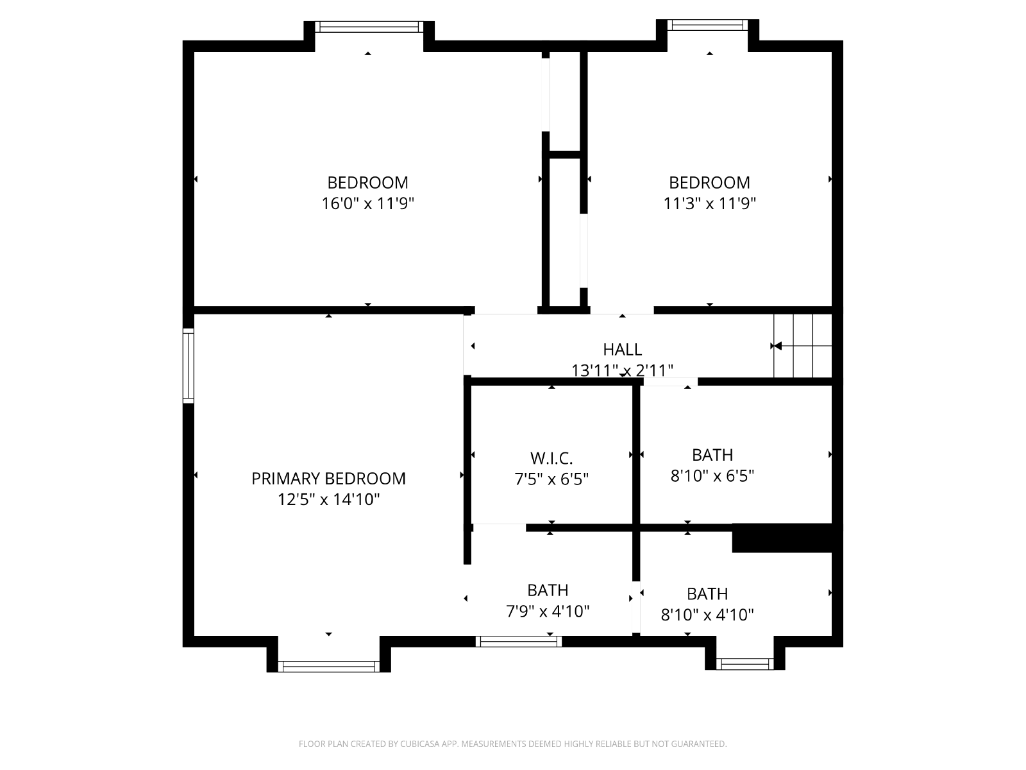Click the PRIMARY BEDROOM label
coord(328,478)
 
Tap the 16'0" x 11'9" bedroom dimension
coord(368,203)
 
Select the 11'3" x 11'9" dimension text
coord(710,203)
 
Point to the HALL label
coord(622,349)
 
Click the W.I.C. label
coord(551,458)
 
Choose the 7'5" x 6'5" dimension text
coord(551,479)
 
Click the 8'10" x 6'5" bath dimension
coord(712,476)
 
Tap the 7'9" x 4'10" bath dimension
coord(548,611)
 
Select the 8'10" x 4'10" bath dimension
coord(707,614)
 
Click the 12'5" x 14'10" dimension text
coord(328,499)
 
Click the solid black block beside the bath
coord(782,538)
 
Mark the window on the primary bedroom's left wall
coord(188,366)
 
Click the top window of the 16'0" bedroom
coord(369,27)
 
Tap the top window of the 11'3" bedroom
coord(707,25)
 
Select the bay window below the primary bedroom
coord(328,666)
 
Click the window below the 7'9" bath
coord(518,642)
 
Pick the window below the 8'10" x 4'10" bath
coord(745,664)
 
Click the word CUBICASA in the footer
coord(420,744)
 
